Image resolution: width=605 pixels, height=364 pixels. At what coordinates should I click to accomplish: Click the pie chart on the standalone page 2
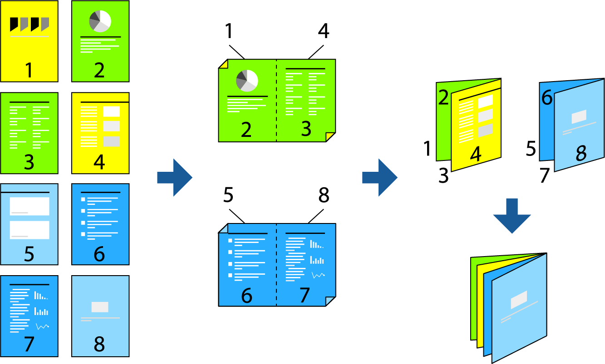click(100, 21)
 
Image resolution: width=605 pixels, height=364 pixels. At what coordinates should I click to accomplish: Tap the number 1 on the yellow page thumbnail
click(29, 70)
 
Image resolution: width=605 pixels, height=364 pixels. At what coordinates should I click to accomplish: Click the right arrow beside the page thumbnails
click(175, 178)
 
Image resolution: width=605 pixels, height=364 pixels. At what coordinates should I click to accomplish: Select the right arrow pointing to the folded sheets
click(379, 178)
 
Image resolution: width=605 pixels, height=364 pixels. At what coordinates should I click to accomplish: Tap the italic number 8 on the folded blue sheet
click(581, 154)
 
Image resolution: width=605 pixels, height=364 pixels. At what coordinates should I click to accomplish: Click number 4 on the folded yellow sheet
click(475, 155)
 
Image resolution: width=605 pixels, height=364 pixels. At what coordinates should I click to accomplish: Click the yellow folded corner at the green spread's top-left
click(222, 63)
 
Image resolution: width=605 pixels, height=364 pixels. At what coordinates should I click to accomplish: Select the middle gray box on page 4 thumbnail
click(111, 126)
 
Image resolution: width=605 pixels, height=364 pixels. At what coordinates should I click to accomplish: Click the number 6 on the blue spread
click(246, 296)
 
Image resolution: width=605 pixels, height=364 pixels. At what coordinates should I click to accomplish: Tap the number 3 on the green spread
click(306, 129)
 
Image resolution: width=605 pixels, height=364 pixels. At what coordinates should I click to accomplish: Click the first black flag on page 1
click(14, 23)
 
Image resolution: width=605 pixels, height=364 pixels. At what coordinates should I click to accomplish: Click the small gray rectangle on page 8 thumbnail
click(100, 307)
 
